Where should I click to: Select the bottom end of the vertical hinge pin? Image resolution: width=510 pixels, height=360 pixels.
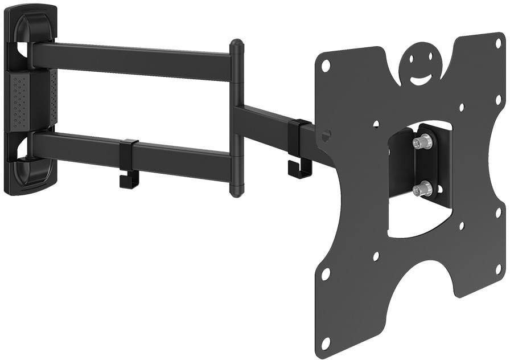click(x=237, y=191)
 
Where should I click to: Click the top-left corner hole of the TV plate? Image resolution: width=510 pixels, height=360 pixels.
click(x=326, y=66)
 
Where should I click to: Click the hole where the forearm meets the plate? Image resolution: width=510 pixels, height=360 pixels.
click(x=326, y=136)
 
